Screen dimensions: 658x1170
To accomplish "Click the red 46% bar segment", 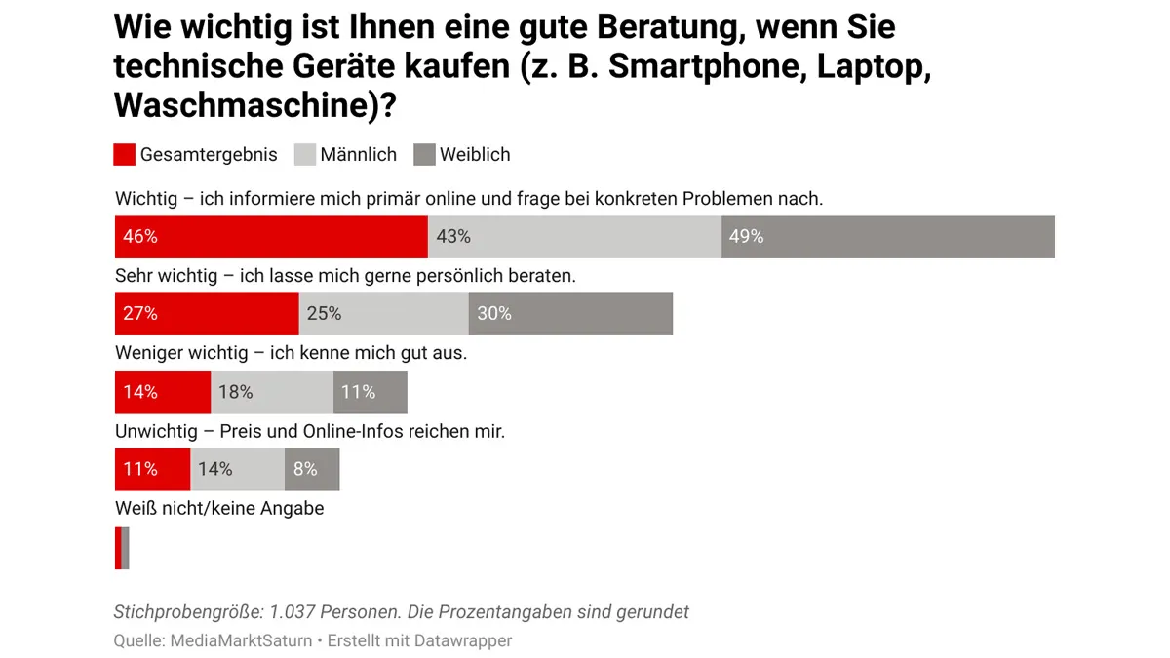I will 271,237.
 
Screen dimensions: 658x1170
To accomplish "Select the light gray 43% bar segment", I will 574,237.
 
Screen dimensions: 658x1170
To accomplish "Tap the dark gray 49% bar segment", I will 887,237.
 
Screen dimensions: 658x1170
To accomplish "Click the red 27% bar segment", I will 207,314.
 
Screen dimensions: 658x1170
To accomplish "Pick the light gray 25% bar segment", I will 383,314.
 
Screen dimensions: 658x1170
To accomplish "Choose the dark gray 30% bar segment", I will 570,314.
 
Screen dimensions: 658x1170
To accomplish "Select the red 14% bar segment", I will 163,392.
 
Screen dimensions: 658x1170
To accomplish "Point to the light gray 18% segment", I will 272,392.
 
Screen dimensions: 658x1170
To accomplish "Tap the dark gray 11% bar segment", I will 370,392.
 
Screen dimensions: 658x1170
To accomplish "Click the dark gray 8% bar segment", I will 311,469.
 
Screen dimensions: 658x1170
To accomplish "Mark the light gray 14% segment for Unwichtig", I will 237,469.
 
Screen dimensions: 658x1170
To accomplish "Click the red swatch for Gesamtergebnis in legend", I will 124,155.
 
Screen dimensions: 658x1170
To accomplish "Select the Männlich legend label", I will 358,155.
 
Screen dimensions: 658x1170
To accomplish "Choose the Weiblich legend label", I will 475,155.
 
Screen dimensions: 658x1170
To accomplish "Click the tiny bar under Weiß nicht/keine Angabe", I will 122,548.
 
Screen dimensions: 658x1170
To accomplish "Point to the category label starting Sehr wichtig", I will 345,276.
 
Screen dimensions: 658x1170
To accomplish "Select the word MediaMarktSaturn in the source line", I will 241,640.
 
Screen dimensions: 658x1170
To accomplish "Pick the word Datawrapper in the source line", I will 462,640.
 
